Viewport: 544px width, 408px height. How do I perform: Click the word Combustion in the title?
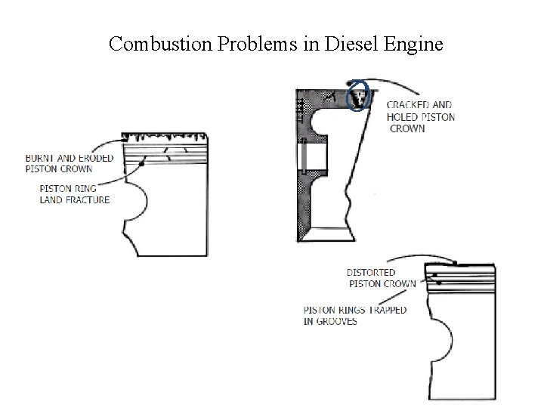(151, 45)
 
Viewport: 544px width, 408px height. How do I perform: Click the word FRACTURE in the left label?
(85, 200)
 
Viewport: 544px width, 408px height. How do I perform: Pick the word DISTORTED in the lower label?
(371, 273)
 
